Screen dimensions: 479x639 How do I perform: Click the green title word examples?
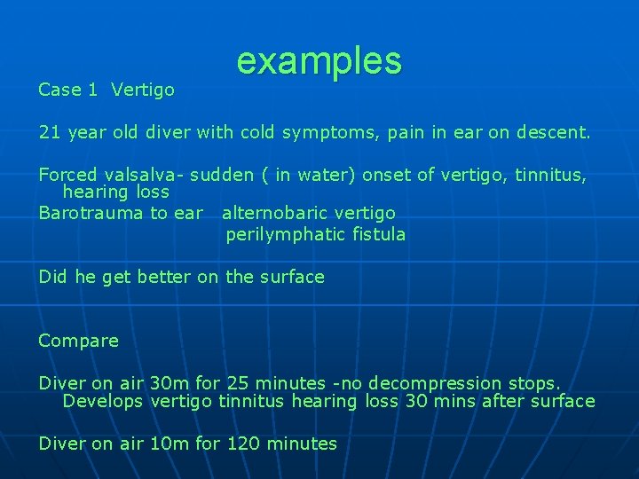(319, 61)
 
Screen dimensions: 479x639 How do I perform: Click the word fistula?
(377, 235)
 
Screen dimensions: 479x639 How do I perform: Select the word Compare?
(78, 341)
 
